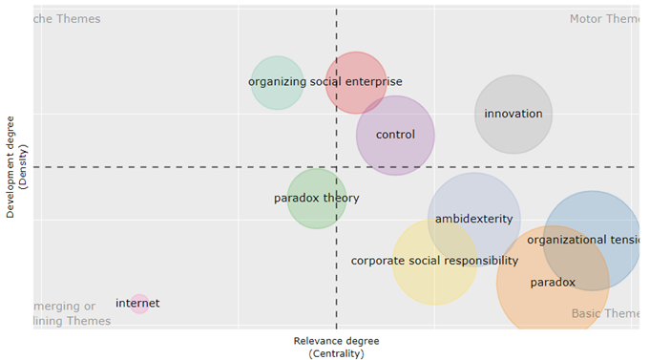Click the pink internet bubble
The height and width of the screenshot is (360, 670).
[x=139, y=304]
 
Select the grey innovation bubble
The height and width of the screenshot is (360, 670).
[x=513, y=114]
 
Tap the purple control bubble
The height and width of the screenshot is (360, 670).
[x=395, y=135]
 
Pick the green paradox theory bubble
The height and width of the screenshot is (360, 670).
[x=317, y=199]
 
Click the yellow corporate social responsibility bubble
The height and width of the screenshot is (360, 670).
[x=434, y=262]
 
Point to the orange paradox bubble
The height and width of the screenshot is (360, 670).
[x=553, y=283]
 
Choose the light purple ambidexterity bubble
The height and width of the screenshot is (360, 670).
[x=473, y=219]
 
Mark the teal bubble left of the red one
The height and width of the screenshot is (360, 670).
[x=277, y=83]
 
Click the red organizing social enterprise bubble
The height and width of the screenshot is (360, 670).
[x=356, y=83]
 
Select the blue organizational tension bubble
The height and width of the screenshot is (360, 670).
[x=593, y=240]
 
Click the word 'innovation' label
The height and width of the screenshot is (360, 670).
[x=513, y=114]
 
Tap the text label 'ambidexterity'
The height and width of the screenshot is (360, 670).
[x=473, y=219]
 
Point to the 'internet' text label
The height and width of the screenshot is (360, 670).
[x=137, y=304]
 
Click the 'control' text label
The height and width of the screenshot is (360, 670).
[x=395, y=135]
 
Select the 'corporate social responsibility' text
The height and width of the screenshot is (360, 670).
[x=434, y=261]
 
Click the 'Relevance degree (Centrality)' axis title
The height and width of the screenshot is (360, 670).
[x=336, y=347]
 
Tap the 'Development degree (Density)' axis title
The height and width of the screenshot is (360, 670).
[x=17, y=167]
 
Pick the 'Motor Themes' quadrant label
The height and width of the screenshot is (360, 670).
[x=603, y=19]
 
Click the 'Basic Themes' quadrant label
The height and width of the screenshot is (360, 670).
[x=605, y=313]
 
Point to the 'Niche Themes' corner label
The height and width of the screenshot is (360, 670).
[x=66, y=19]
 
